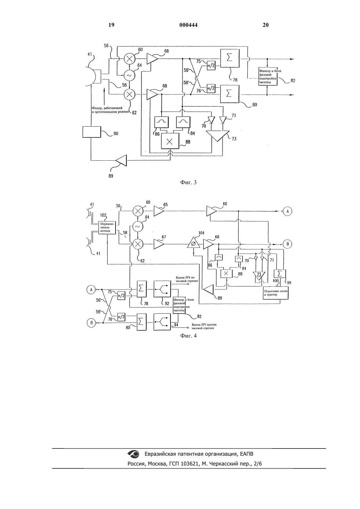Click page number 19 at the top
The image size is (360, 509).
[111, 25]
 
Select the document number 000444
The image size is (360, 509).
[189, 25]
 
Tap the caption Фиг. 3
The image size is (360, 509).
[188, 182]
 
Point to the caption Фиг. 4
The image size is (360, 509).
[188, 336]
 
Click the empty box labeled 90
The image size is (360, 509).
[92, 132]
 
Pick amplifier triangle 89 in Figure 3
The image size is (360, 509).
[121, 160]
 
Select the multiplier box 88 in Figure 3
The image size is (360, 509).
[170, 141]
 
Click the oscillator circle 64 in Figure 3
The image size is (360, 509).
[129, 75]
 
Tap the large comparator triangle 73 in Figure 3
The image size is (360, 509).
[217, 135]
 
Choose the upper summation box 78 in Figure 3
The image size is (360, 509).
[229, 58]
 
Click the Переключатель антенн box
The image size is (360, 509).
[107, 227]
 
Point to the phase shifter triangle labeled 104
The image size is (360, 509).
[193, 243]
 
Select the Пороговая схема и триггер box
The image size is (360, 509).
[276, 293]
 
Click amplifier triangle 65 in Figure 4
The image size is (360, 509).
[159, 211]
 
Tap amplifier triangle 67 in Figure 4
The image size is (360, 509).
[159, 244]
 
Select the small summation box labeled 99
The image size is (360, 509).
[280, 273]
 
